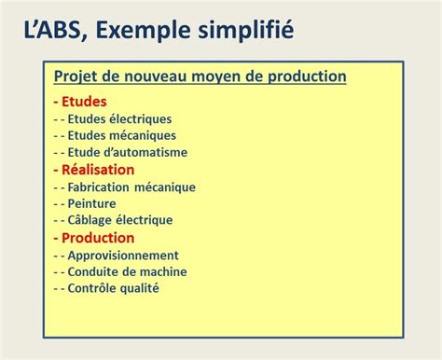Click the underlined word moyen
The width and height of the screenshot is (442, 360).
[221, 76]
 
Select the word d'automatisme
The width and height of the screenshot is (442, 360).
[147, 152]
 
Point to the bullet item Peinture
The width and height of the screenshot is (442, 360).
[93, 203]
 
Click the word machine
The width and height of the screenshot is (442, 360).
[162, 271]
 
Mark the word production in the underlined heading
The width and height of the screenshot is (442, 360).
[304, 76]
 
